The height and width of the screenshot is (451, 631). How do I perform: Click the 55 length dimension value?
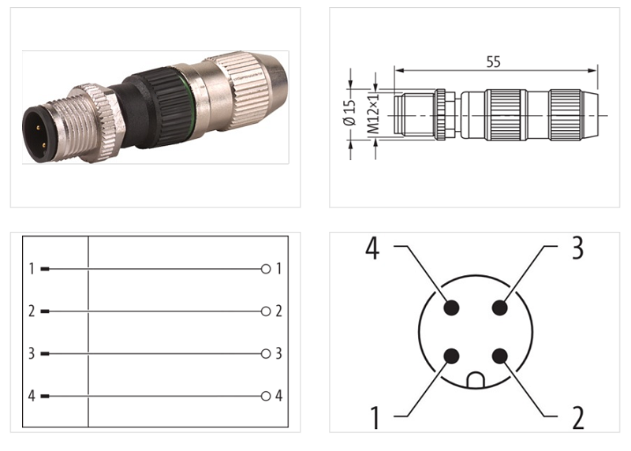coord(493,62)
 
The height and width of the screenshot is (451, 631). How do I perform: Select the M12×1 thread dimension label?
coord(375,114)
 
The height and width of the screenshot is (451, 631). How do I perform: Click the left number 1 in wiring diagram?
coord(32,269)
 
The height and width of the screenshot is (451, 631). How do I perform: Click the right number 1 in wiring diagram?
coord(278,269)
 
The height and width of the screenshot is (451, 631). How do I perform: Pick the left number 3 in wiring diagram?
coord(32,353)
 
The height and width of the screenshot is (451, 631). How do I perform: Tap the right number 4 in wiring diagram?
coord(278,396)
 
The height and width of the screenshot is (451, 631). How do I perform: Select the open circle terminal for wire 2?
coord(266,311)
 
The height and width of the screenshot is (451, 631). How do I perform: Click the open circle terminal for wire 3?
coord(266,353)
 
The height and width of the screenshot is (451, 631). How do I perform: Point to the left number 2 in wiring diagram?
coord(32,311)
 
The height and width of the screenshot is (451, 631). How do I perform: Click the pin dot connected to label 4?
coord(450,307)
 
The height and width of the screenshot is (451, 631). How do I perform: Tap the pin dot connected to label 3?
coord(498,307)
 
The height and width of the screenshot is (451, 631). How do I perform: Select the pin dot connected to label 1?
coord(450,356)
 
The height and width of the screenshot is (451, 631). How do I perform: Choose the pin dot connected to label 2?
coord(498,356)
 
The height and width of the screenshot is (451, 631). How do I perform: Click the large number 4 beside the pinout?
coord(373,248)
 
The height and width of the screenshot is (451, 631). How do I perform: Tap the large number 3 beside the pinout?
coord(577,248)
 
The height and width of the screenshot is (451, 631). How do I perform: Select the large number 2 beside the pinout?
coord(578,418)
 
